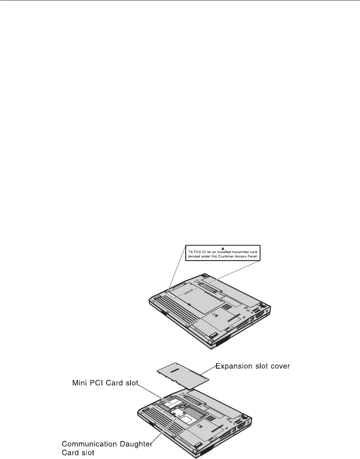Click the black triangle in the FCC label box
224,248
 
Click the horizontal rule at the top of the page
180,1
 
